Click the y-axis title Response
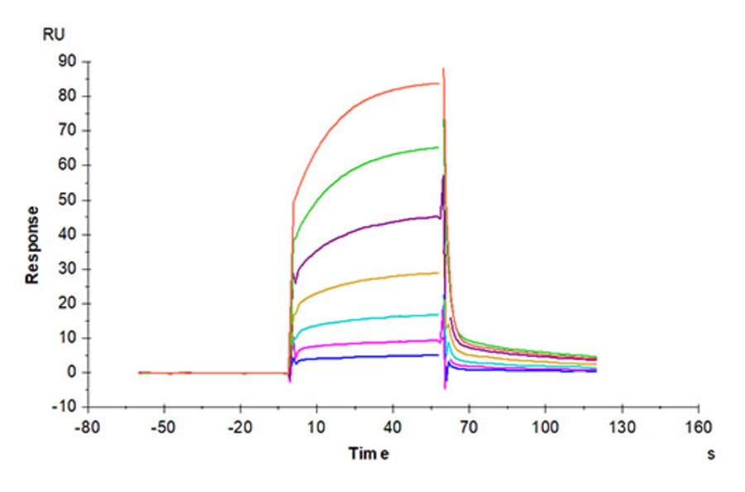pos(32,244)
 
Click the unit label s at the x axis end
pos(710,454)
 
